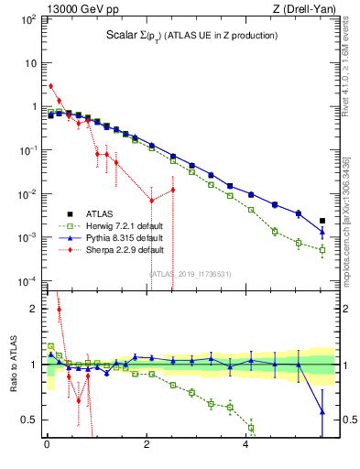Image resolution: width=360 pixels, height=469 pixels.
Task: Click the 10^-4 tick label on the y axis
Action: (x=27, y=281)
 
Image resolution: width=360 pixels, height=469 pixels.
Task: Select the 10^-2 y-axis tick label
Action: (x=27, y=194)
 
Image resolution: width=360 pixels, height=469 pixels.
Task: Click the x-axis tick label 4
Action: (x=245, y=446)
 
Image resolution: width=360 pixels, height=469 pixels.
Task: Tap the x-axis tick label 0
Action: (x=47, y=446)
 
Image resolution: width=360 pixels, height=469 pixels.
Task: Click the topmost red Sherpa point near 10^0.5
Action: (x=50, y=86)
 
